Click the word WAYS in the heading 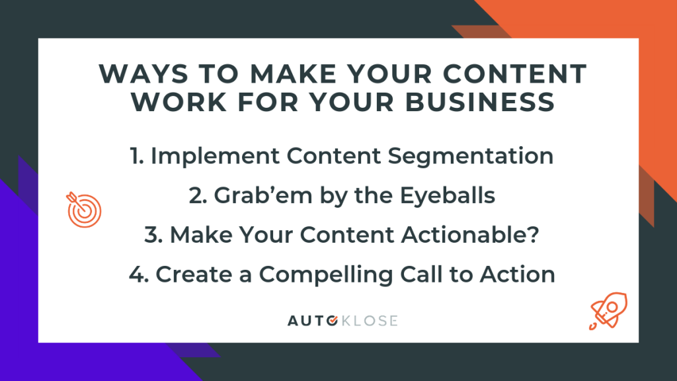pyautogui.click(x=143, y=74)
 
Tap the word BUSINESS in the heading pyautogui.click(x=480, y=103)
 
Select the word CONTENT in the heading pyautogui.click(x=514, y=74)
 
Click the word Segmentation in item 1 pyautogui.click(x=471, y=156)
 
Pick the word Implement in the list pyautogui.click(x=215, y=156)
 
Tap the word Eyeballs pyautogui.click(x=448, y=195)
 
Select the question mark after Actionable pyautogui.click(x=534, y=235)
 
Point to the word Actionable pyautogui.click(x=464, y=235)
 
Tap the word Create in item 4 pyautogui.click(x=194, y=275)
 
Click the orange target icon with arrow pyautogui.click(x=84, y=210)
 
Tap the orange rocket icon pyautogui.click(x=608, y=311)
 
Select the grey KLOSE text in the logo pyautogui.click(x=370, y=321)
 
